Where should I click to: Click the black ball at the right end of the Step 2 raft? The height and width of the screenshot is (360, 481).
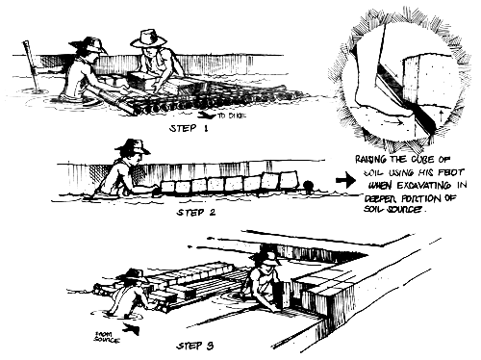pyautogui.click(x=308, y=184)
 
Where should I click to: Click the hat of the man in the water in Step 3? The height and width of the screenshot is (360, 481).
pyautogui.click(x=132, y=275)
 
